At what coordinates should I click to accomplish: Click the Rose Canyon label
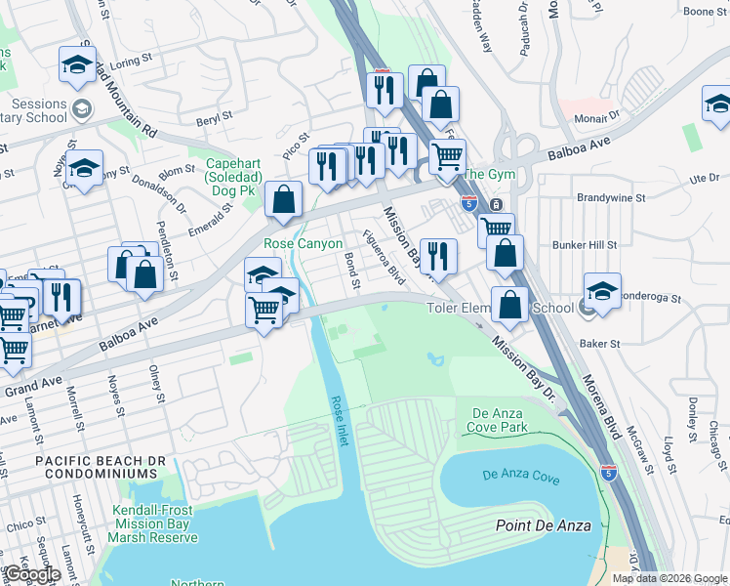[x=303, y=243]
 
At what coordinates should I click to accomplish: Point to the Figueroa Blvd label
[x=384, y=258]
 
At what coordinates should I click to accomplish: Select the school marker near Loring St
[x=77, y=65]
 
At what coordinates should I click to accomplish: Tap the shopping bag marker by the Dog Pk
[x=283, y=200]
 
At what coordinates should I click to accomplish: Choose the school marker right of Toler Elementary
[x=602, y=290]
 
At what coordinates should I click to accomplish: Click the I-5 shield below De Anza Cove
[x=609, y=473]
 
